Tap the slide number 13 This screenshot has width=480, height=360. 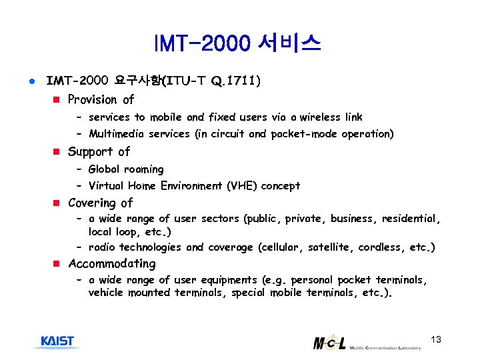(x=436, y=340)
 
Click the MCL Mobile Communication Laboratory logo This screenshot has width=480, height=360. (x=366, y=343)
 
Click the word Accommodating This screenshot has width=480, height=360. (x=111, y=263)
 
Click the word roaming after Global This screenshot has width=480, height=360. (x=143, y=169)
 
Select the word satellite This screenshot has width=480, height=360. (x=329, y=247)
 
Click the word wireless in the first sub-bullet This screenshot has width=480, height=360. (x=322, y=117)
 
